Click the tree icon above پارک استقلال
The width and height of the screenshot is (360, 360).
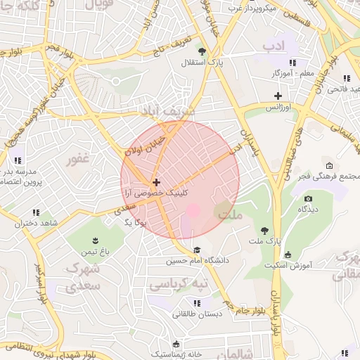pyautogui.click(x=202, y=51)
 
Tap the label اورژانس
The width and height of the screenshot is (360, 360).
pyautogui.click(x=279, y=108)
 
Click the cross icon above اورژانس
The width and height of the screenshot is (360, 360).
pyautogui.click(x=278, y=96)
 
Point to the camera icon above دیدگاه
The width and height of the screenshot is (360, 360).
pyautogui.click(x=308, y=199)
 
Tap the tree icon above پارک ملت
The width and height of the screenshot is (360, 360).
pyautogui.click(x=264, y=230)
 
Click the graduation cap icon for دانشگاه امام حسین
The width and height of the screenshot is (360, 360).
pyautogui.click(x=197, y=250)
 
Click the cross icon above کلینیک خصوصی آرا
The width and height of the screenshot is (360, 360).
pyautogui.click(x=156, y=182)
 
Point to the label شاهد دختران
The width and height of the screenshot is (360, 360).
pyautogui.click(x=35, y=224)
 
